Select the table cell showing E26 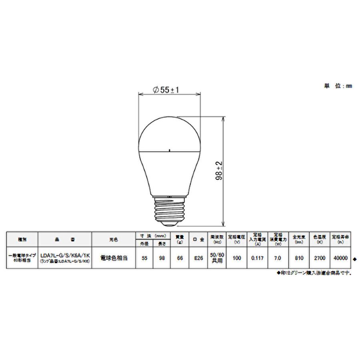point(198,258)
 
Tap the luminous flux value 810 point(298,258)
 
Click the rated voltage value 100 point(237,258)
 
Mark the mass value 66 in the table point(180,258)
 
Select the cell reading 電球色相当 point(114,258)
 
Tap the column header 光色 point(114,239)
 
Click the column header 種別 point(22,239)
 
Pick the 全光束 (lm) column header point(298,239)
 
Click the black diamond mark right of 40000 point(354,259)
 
